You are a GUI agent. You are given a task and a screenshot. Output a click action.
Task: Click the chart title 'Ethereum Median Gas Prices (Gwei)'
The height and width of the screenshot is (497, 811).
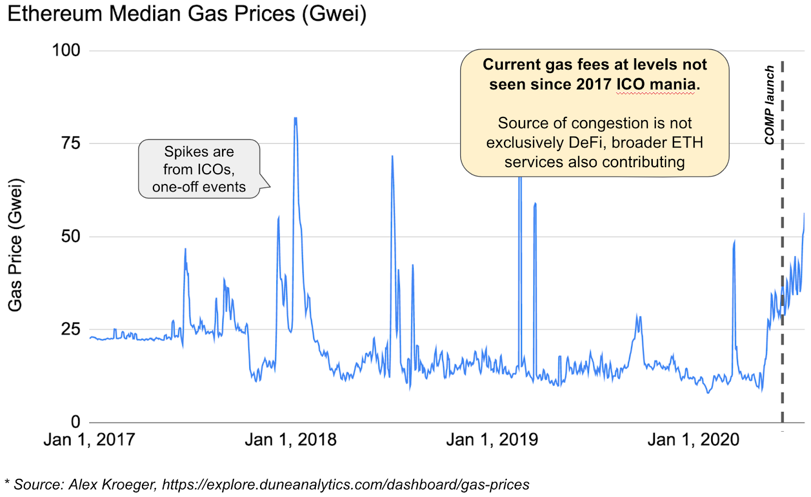pyautogui.click(x=187, y=14)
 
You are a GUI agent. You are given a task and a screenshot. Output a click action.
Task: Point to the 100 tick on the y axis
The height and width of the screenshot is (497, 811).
pyautogui.click(x=66, y=50)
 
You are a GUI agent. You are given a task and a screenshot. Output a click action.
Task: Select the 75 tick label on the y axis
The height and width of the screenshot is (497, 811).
pyautogui.click(x=71, y=143)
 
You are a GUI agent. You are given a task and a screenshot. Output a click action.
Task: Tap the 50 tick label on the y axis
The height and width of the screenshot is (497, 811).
pyautogui.click(x=71, y=236)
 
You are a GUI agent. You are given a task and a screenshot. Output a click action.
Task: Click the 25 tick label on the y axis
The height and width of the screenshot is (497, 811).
pyautogui.click(x=71, y=329)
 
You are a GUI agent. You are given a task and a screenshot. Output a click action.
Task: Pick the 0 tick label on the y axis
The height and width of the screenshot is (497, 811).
pyautogui.click(x=76, y=422)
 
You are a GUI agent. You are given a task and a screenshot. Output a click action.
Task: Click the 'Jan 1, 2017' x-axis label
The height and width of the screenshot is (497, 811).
pyautogui.click(x=89, y=439)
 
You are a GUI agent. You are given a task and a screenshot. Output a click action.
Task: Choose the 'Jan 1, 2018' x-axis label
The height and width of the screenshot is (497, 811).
pyautogui.click(x=290, y=439)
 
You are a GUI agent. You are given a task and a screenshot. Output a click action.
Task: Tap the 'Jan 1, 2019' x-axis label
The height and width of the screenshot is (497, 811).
pyautogui.click(x=492, y=439)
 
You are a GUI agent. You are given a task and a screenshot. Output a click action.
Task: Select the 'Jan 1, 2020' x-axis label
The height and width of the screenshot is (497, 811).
pyautogui.click(x=693, y=439)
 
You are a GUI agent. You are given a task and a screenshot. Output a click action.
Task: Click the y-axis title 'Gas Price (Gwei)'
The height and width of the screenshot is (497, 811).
pyautogui.click(x=15, y=245)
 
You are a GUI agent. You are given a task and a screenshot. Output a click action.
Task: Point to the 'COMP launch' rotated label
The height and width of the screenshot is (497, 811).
pyautogui.click(x=769, y=105)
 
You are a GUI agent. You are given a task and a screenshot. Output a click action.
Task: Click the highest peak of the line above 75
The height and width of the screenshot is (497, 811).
pyautogui.click(x=295, y=119)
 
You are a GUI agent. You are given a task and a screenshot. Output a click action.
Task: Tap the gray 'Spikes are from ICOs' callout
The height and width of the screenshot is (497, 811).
pyautogui.click(x=199, y=169)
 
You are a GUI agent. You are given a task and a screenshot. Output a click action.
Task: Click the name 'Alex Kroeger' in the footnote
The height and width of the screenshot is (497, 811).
pyautogui.click(x=112, y=484)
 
